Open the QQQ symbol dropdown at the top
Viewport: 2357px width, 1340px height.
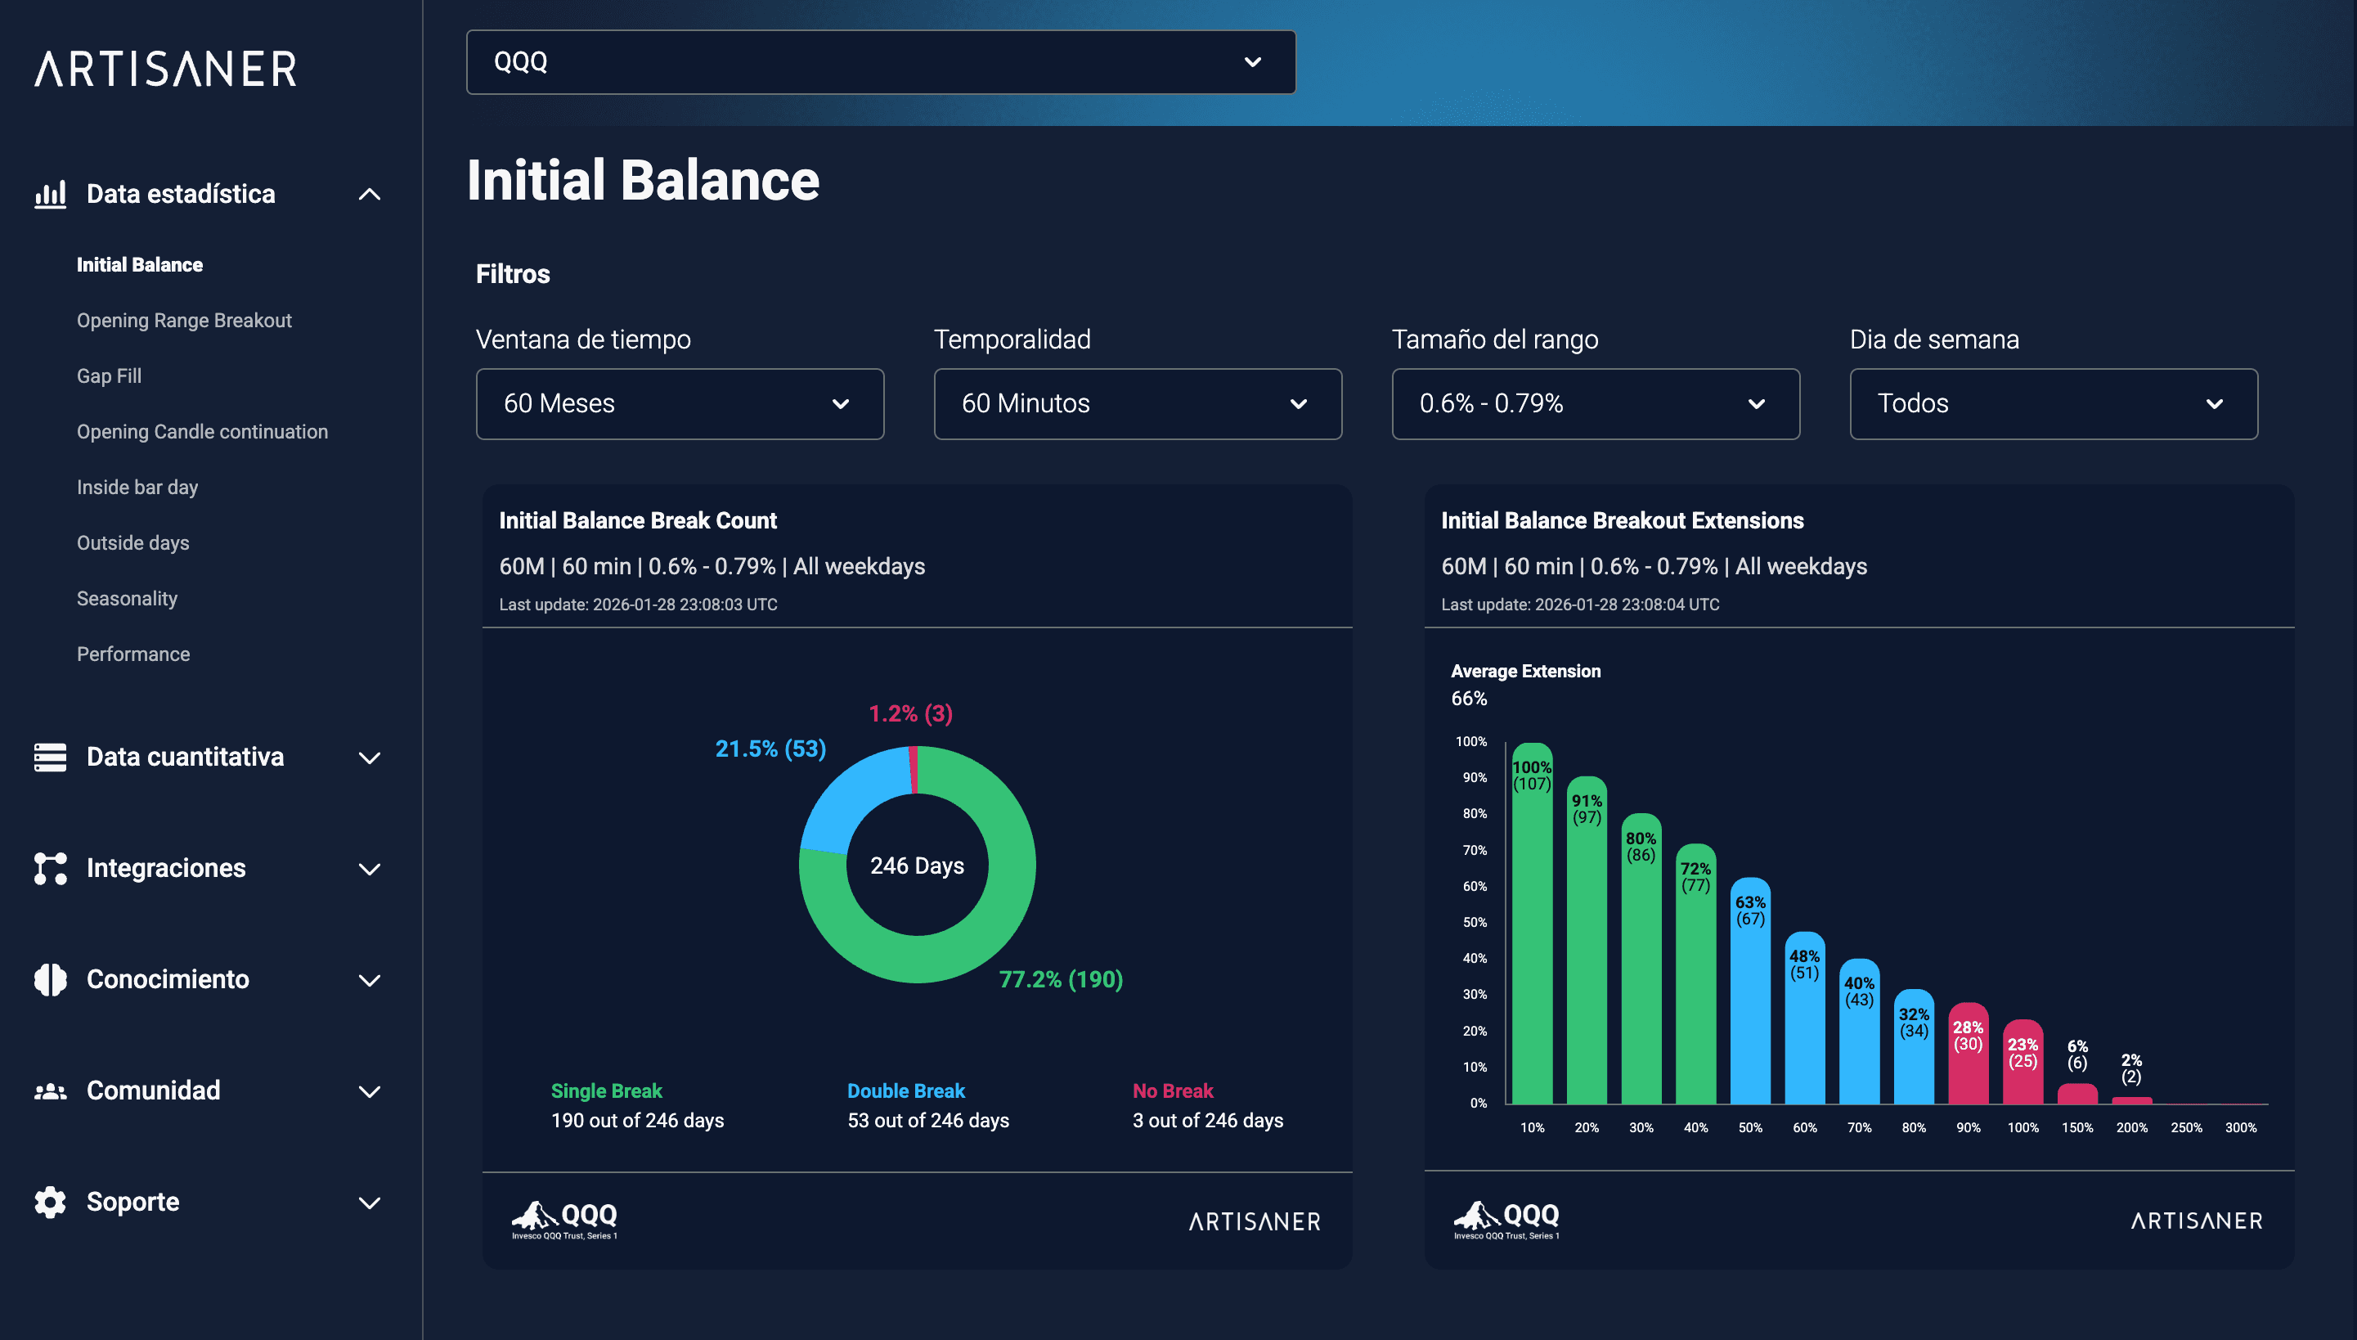point(881,61)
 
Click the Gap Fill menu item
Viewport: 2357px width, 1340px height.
point(109,375)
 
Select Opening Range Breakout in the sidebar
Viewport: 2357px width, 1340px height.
point(184,321)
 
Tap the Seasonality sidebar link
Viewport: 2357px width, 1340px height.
point(127,598)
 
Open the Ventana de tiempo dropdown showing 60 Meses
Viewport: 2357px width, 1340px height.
point(679,404)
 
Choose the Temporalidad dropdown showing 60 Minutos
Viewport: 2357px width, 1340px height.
point(1137,404)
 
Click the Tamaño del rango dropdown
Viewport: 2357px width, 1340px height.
point(1596,404)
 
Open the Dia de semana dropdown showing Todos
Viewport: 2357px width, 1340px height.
point(2053,404)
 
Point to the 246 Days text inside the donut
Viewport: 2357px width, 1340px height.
point(916,866)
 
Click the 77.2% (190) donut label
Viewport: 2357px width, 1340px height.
point(1060,979)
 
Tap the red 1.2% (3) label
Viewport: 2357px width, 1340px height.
point(910,713)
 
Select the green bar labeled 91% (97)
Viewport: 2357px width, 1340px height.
point(1586,957)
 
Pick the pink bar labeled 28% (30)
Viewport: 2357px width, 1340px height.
point(1968,1068)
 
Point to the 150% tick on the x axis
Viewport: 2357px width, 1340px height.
point(2076,1127)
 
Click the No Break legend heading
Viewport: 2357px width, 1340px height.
point(1172,1090)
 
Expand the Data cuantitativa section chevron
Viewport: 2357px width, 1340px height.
point(369,758)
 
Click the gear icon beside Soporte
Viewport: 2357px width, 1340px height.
point(51,1202)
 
